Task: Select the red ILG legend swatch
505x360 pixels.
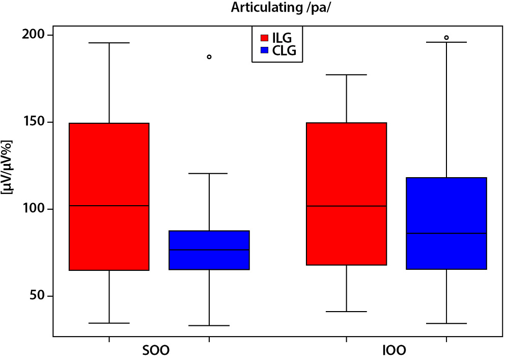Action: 265,38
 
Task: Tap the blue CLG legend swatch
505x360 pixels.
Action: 265,50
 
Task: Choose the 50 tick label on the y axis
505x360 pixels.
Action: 39,296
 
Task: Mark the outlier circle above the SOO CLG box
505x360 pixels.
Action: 209,57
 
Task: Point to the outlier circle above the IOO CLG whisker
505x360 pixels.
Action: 446,38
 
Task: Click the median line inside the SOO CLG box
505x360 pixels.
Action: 209,250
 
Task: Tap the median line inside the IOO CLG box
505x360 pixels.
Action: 446,233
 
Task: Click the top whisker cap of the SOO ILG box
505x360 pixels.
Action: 109,43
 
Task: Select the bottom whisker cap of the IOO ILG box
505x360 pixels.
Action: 346,311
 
